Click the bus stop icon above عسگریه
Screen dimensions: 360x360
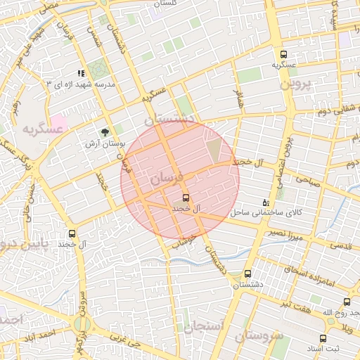pos(283,54)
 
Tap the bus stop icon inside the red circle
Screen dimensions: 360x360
pos(186,198)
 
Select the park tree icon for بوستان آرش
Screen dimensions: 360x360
pos(105,131)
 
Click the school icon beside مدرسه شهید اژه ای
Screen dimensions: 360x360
pos(81,72)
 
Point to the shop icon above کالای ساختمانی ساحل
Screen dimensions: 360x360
pos(265,202)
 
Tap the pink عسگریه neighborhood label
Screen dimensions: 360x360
pos(37,130)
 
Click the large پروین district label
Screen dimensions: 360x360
pos(295,83)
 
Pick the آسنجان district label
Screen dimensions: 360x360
pos(205,326)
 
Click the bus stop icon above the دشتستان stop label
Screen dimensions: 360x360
pos(247,274)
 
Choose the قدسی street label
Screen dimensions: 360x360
pos(341,246)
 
